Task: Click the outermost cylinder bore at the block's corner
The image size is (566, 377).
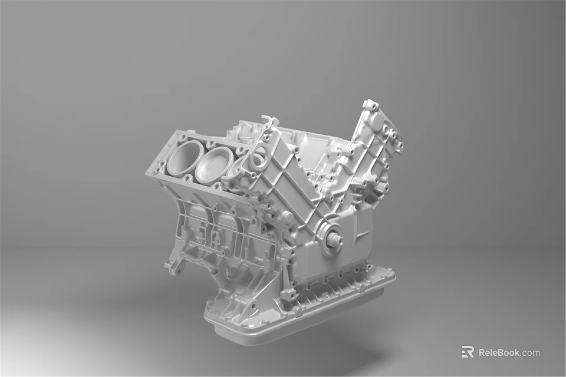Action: pyautogui.click(x=182, y=158)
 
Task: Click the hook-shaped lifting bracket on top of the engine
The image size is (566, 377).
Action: pyautogui.click(x=269, y=123)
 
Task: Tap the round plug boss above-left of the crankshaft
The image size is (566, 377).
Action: pyautogui.click(x=287, y=217)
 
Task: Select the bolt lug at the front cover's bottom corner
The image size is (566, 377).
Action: pyautogui.click(x=288, y=294)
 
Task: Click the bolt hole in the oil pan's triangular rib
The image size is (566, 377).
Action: pyautogui.click(x=253, y=306)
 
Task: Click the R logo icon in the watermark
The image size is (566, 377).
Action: pyautogui.click(x=468, y=352)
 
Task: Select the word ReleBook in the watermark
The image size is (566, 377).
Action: pyautogui.click(x=499, y=352)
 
